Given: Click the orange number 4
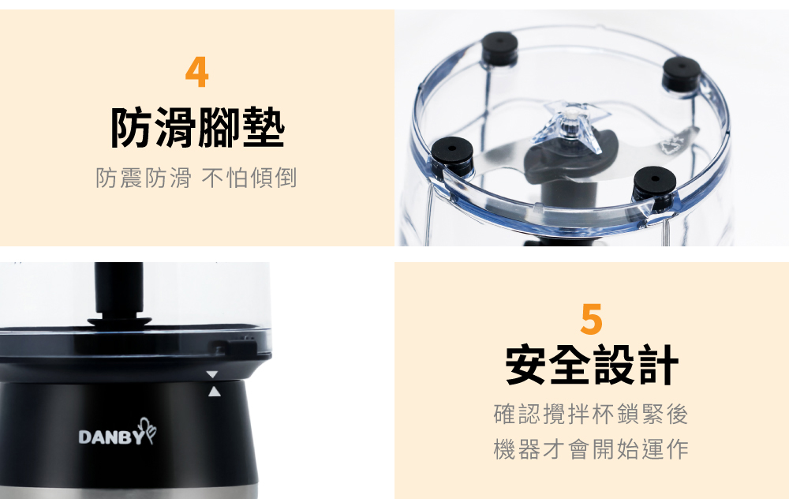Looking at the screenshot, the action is pos(196,72).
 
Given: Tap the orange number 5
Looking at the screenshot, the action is pos(591,319).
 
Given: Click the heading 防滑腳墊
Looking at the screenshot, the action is pos(198,128).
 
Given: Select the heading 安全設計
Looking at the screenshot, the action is pos(592,365).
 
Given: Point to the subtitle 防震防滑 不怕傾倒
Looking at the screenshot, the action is pos(196,178).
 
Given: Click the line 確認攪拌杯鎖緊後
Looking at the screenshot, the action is pos(591,415).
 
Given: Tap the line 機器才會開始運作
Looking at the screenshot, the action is pos(591,449).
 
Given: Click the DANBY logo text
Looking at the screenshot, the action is pos(111,437).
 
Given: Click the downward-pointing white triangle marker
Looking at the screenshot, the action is pos(212,374).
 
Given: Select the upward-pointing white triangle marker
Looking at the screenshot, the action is pos(215,392).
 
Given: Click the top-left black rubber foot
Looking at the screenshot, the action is pos(499,49).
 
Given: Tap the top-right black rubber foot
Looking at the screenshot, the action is pos(682,74).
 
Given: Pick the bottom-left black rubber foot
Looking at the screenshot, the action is pos(452,156).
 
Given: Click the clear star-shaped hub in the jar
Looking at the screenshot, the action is pos(572,125).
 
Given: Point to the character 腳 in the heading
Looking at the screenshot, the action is pos(220,128).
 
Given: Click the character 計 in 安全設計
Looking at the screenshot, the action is pos(658,365).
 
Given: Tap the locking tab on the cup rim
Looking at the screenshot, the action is pos(234,347).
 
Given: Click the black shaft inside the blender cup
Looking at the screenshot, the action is pos(119,291).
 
